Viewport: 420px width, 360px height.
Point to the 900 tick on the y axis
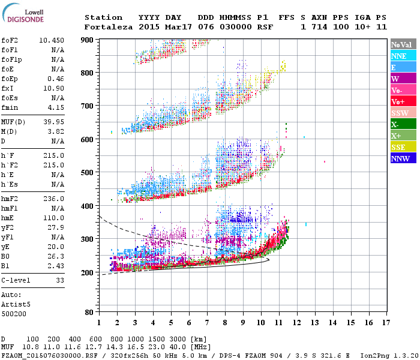[x=88, y=40]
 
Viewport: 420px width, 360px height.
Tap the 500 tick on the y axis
[x=88, y=173]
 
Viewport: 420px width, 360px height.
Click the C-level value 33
[x=59, y=280]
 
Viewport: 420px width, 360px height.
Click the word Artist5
[x=16, y=304]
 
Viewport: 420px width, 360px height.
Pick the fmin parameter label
[x=11, y=107]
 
